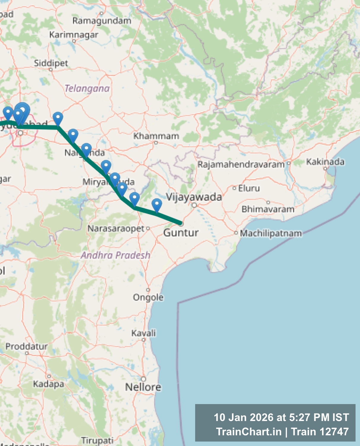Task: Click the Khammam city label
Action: point(156,136)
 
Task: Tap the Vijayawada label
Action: point(194,197)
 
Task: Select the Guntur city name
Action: point(181,232)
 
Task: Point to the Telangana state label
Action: point(87,88)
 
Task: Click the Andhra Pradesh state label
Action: point(116,255)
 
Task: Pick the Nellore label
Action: point(143,387)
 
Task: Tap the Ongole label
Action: point(148,297)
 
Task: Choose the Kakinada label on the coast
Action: point(325,162)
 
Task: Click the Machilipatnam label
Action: point(271,233)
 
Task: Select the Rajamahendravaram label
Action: point(241,164)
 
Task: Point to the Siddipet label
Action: point(51,63)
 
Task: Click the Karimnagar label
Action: point(74,35)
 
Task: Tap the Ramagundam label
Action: point(102,21)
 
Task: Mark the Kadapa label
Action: point(48,384)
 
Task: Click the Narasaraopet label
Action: point(116,228)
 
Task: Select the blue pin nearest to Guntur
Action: point(157,205)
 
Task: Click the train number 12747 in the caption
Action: point(334,431)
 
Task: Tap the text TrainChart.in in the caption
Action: point(249,431)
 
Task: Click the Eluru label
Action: point(249,188)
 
